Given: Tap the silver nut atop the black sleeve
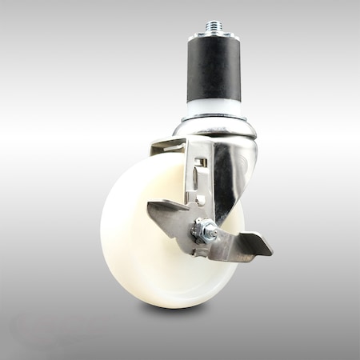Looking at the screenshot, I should click(x=215, y=37).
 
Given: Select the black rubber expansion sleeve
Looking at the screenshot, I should click(x=215, y=72).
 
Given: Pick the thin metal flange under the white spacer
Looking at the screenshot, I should click(x=214, y=118).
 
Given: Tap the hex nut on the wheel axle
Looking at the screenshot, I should click(x=207, y=232).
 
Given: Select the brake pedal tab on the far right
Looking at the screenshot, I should click(x=254, y=244).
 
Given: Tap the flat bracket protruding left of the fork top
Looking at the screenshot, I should click(x=166, y=146).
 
